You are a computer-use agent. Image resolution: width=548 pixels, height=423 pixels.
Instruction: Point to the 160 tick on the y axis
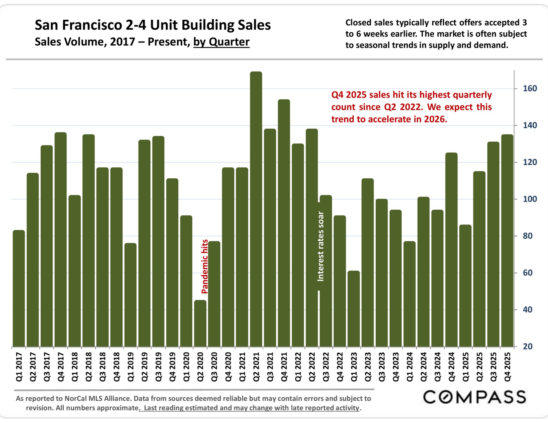pyautogui.click(x=530, y=88)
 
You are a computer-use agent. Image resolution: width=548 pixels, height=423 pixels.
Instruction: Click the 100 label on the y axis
pyautogui.click(x=530, y=199)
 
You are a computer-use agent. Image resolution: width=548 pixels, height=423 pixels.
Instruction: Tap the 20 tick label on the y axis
pyautogui.click(x=528, y=347)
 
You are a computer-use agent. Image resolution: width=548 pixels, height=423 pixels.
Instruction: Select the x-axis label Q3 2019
pyautogui.click(x=158, y=367)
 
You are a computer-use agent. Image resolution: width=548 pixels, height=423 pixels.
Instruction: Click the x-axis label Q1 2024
pyautogui.click(x=410, y=367)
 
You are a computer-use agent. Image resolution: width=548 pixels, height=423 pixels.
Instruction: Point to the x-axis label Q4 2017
pyautogui.click(x=61, y=367)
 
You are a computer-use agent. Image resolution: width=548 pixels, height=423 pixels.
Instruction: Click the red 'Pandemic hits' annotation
pyautogui.click(x=205, y=266)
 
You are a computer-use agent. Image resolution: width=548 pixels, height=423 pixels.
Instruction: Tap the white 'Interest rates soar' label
pyautogui.click(x=321, y=246)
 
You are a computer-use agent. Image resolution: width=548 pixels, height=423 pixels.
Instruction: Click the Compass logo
pyautogui.click(x=474, y=397)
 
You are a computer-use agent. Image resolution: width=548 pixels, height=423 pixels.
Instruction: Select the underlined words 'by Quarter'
pyautogui.click(x=221, y=42)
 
